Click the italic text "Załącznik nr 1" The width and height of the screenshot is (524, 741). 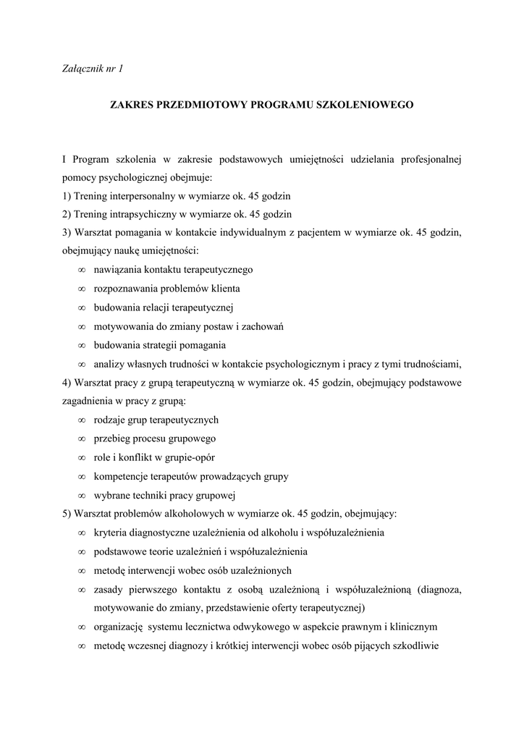(x=93, y=69)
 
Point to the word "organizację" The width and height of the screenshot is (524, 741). (x=120, y=627)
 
